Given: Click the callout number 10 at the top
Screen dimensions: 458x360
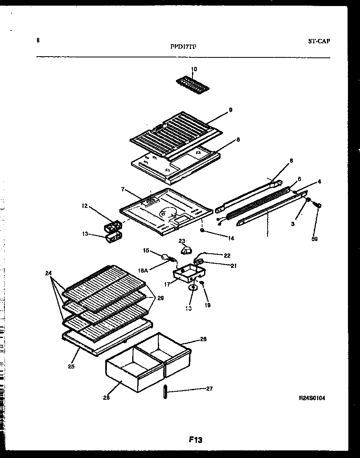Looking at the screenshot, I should click(194, 69).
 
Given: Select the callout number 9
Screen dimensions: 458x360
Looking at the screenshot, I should click(230, 109).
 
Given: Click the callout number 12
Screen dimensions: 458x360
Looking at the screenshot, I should click(85, 206).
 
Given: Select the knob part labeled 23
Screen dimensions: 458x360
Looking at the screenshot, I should click(185, 251).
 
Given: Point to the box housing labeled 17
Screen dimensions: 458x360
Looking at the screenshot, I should click(188, 274).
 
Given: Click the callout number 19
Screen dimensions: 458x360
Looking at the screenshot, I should click(207, 305).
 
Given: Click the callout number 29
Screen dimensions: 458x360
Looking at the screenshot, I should click(160, 298).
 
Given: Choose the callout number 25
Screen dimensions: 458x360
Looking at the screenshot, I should click(71, 366).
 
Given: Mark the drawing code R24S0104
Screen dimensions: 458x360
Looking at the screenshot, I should click(312, 398).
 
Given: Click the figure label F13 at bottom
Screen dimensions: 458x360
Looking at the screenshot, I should click(195, 440).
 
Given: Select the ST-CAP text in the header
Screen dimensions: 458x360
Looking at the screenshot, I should click(319, 41).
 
